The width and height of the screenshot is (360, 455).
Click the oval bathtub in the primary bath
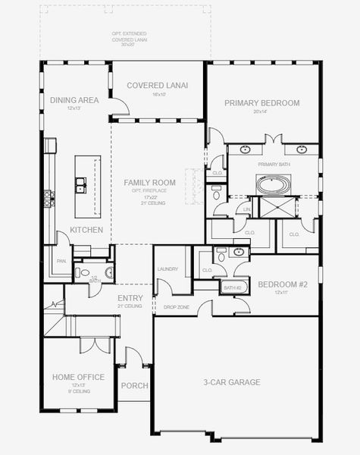point(272,184)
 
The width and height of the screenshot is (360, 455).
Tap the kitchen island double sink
point(80,182)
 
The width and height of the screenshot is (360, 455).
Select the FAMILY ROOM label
point(150,183)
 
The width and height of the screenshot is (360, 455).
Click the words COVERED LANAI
point(158,86)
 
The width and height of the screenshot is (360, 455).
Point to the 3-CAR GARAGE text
point(232,382)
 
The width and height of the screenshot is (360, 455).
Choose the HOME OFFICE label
point(78,377)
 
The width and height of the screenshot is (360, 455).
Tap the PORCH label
point(135,385)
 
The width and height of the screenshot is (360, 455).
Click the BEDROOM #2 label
point(283,284)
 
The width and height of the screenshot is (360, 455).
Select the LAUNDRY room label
point(167,269)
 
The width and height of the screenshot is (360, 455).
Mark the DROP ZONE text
point(176,307)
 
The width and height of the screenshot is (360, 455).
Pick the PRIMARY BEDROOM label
point(262,103)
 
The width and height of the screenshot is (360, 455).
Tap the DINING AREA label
point(74,100)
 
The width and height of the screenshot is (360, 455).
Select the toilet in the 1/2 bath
point(108,271)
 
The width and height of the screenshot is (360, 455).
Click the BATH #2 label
point(232,287)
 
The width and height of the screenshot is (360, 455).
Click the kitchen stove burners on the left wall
point(49,198)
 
